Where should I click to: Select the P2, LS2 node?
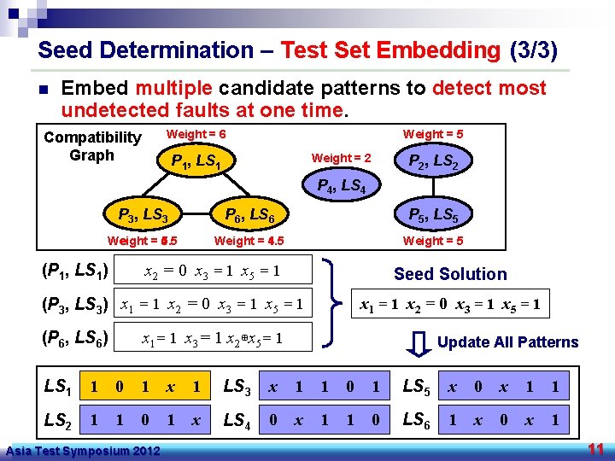pos(432,162)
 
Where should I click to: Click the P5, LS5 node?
pos(432,215)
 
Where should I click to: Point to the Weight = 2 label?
pos(341,158)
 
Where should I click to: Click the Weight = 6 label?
pos(196,134)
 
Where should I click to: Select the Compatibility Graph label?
pos(92,146)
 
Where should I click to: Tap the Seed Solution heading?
pos(449,274)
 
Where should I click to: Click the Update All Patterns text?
pos(507,342)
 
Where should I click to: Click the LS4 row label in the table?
pos(237,419)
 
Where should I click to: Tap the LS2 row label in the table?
pos(59,419)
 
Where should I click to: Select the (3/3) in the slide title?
pos(532,50)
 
